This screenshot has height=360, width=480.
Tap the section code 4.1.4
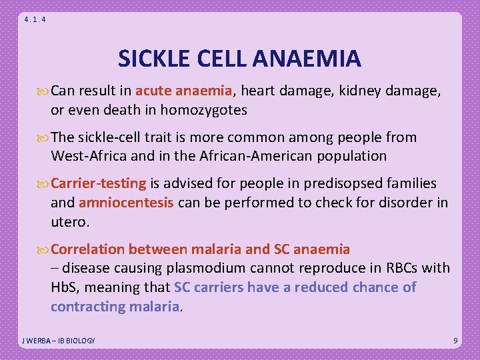pos(35,20)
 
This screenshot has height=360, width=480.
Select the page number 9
pos(455,341)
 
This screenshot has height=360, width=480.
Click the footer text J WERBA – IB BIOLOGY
pos(58,341)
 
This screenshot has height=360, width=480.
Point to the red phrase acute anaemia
pos(183,92)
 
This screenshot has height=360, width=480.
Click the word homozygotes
pos(208,110)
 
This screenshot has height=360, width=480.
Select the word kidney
pos(363,92)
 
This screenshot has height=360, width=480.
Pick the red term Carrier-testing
pos(99,183)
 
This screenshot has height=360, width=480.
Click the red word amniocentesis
pos(127,202)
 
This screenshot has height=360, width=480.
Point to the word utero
pos(69,220)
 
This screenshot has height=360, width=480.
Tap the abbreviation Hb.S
pos(66,287)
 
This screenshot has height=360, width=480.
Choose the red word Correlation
pos(88,249)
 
